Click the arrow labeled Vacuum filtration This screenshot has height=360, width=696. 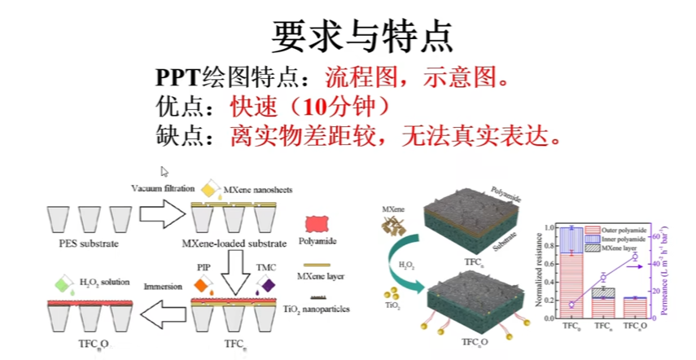(161, 213)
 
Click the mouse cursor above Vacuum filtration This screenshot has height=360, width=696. (164, 171)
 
